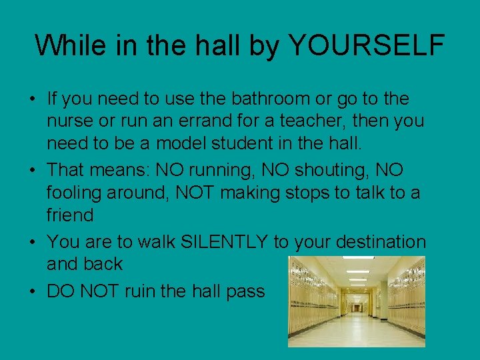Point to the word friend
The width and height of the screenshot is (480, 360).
pos(70,215)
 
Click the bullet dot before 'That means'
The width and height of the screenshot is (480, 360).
pos(33,171)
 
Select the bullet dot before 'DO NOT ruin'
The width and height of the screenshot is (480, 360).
pos(33,291)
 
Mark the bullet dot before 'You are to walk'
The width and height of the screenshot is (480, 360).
pos(33,242)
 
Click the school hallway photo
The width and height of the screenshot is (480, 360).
pos(356,301)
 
